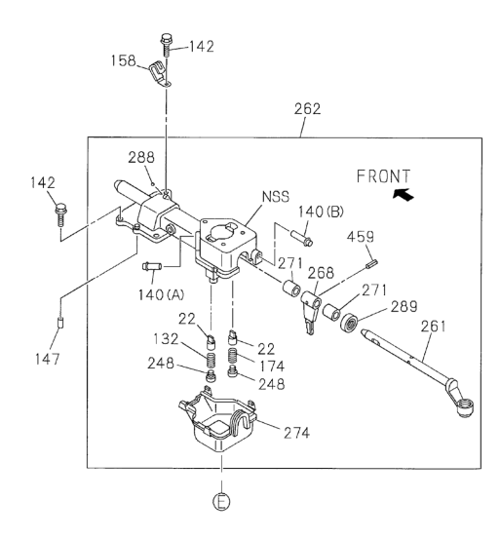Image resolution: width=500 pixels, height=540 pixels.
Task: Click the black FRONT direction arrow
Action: pos(404,195)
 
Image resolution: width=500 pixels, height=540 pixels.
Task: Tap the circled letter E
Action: pos(221,501)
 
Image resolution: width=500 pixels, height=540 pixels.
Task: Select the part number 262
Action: pos(307,109)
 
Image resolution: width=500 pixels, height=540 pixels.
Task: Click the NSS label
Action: pos(276,197)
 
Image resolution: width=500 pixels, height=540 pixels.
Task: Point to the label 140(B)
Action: pos(321,212)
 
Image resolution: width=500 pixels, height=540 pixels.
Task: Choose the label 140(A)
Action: pos(161,294)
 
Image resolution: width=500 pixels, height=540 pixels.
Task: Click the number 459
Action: pos(361,237)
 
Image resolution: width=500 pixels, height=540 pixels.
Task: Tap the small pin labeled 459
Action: pos(373,263)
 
